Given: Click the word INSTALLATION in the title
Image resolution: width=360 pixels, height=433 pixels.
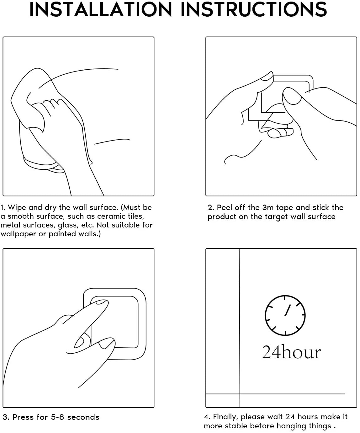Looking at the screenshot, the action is pyautogui.click(x=101, y=9).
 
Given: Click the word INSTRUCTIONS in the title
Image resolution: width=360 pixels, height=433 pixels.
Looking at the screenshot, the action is pyautogui.click(x=254, y=9).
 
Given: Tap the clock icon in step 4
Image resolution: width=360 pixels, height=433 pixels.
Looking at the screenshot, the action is pyautogui.click(x=285, y=315).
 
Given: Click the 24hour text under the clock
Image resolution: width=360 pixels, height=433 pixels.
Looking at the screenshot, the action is pyautogui.click(x=291, y=352).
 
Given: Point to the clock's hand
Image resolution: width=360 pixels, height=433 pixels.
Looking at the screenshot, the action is pyautogui.click(x=288, y=310).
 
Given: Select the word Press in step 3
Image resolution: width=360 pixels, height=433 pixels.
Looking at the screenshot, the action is pyautogui.click(x=23, y=417).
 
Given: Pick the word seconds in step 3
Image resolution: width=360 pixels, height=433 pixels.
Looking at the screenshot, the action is pyautogui.click(x=83, y=417).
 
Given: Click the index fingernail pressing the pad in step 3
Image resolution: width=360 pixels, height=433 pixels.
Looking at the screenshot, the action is pyautogui.click(x=101, y=302).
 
